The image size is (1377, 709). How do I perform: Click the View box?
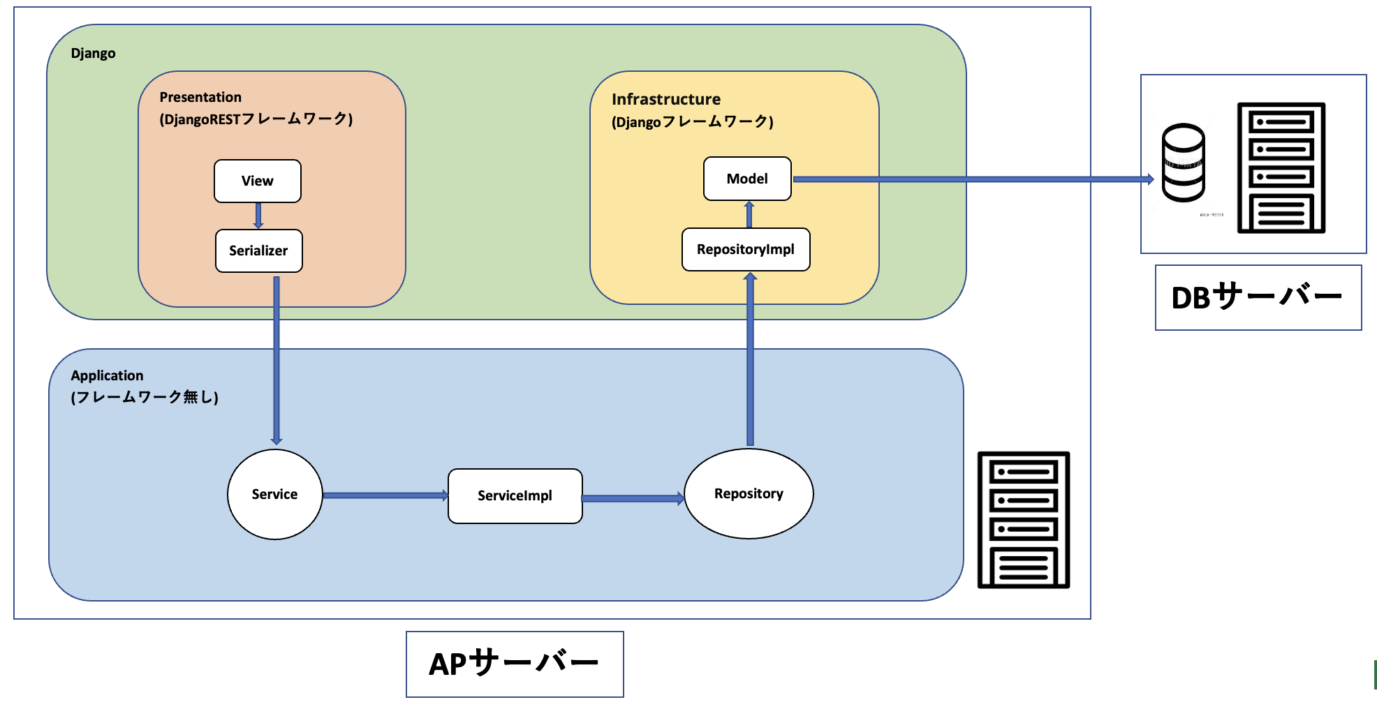pos(257,181)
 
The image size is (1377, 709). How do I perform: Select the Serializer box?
pos(258,251)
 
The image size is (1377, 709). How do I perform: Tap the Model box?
pos(747,179)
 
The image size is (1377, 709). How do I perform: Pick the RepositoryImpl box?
pos(745,249)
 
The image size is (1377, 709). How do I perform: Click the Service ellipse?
pos(274,494)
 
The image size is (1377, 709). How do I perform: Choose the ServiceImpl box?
pos(515,495)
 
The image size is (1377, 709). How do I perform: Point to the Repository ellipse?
pos(749,493)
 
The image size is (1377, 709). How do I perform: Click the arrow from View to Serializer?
pos(258,216)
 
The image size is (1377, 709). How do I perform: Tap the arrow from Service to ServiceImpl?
pos(385,495)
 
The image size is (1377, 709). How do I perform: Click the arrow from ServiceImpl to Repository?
pos(633,498)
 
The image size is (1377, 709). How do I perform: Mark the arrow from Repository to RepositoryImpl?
pos(750,359)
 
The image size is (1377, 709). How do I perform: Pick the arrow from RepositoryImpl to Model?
pos(749,214)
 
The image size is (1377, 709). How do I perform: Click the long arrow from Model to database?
pos(971,179)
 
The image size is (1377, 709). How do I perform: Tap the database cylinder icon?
pos(1183,163)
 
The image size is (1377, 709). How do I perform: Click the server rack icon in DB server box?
pos(1281,167)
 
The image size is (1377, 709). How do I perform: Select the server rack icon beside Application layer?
pos(1023,520)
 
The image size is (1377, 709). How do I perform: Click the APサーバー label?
pos(515,664)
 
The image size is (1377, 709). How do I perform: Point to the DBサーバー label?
pos(1258,297)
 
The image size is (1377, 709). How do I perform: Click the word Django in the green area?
pos(93,54)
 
